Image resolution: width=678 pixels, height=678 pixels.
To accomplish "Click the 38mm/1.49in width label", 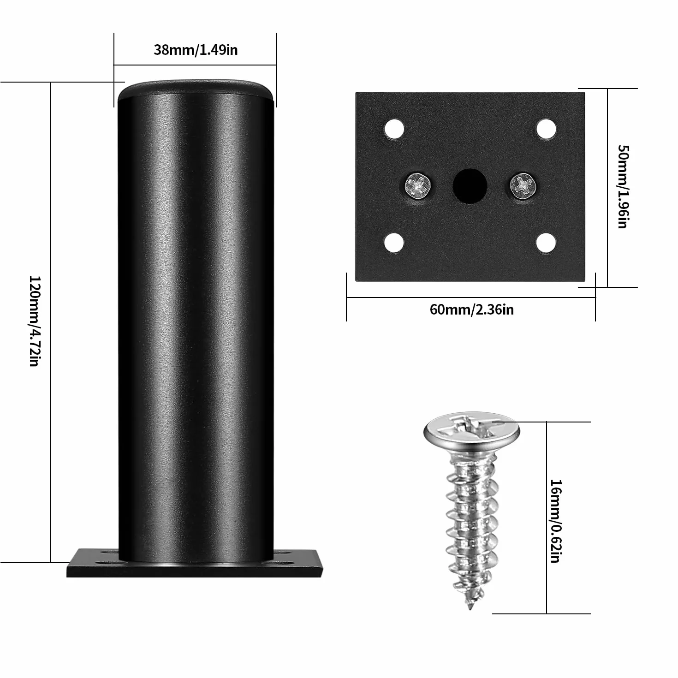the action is [196, 50].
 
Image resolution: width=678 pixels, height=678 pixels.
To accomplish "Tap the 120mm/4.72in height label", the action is [35, 321].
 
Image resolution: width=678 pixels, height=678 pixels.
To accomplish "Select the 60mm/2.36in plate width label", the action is [471, 309].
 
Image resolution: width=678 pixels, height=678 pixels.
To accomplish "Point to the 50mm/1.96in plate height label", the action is [623, 186].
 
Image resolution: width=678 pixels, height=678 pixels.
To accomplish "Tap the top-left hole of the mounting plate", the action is [394, 129].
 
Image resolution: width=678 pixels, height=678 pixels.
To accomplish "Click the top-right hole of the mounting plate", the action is [546, 129].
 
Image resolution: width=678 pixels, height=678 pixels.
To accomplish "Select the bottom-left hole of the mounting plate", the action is [394, 243].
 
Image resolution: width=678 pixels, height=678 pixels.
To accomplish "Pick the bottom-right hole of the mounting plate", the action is [546, 243].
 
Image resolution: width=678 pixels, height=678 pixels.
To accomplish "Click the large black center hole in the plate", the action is [470, 186].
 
